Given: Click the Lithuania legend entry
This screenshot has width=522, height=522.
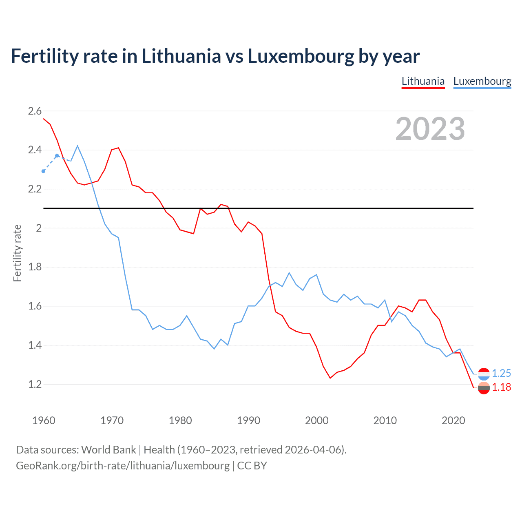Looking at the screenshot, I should pos(423,81).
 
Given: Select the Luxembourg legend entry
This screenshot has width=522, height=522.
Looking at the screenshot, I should pos(482,81).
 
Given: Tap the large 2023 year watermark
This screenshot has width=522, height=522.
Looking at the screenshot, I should pos(430,129).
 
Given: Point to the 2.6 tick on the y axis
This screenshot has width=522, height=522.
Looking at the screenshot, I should pos(35,111).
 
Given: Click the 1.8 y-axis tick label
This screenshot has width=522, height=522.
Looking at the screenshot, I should pos(35,267).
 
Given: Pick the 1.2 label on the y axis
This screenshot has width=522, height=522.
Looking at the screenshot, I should pos(35,384).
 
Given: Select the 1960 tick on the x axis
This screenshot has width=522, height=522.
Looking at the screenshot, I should pos(44,420).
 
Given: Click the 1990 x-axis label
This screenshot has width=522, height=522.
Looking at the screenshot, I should pos(248,420).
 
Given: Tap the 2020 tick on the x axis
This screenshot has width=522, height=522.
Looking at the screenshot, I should pos(453,420).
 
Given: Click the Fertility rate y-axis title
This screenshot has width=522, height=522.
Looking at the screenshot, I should pos(17,253).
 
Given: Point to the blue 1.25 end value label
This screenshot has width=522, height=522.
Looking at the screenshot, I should pos(501,373).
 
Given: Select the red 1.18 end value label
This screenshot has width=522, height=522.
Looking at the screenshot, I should pos(501,387).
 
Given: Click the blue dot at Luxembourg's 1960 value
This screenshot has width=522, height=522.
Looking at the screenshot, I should pos(43,171).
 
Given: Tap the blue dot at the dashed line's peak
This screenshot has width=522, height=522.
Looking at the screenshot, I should pos(57,156).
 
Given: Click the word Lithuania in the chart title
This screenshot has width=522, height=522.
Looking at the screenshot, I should pos(181,56).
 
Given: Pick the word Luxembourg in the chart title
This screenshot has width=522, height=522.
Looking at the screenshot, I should pos(301,56).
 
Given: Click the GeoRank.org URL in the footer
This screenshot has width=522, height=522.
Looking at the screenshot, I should pos(123,465).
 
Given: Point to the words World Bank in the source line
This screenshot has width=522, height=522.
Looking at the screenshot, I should pos(108,449).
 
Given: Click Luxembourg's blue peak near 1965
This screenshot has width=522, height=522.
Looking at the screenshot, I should pos(77,146).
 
